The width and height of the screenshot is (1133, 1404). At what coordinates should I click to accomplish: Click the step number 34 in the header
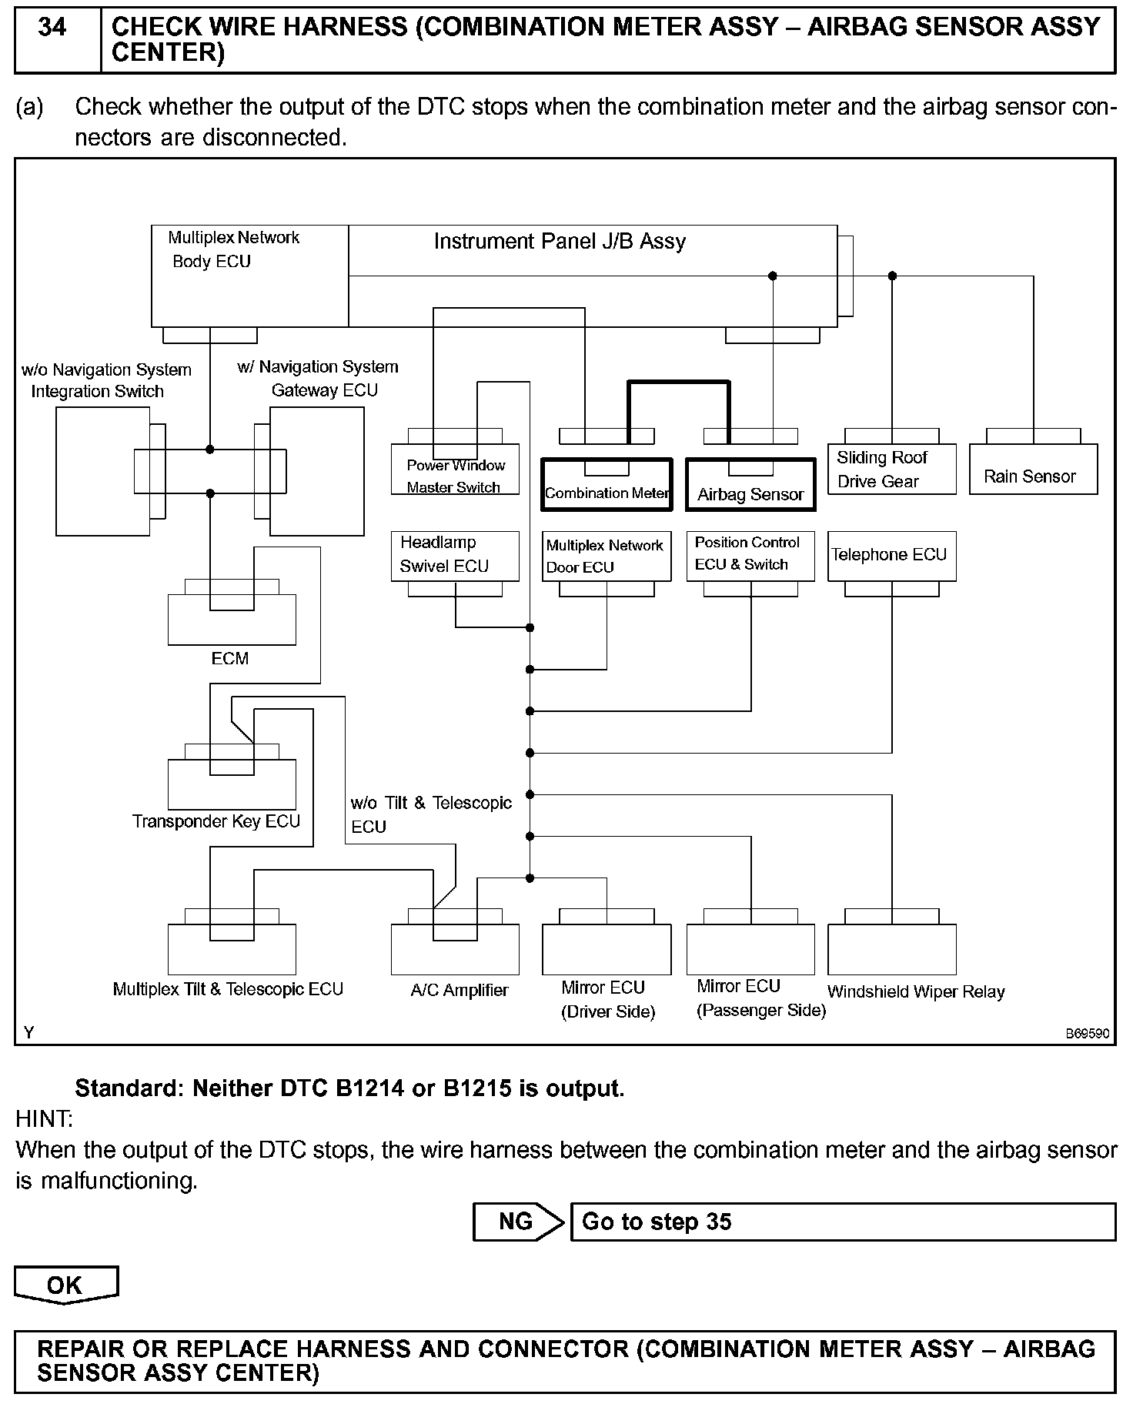(x=52, y=28)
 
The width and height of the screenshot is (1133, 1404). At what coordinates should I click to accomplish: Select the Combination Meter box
(x=607, y=485)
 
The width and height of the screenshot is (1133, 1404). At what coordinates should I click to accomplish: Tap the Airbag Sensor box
(x=750, y=486)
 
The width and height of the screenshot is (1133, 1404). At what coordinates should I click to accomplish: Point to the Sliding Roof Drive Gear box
(x=891, y=470)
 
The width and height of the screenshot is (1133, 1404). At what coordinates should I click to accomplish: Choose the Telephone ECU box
(x=891, y=555)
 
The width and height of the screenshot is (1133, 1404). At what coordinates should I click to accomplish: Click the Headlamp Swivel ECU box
(x=455, y=555)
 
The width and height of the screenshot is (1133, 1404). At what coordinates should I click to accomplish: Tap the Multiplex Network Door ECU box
(x=607, y=555)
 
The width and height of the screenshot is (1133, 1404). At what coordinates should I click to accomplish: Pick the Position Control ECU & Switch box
(x=750, y=555)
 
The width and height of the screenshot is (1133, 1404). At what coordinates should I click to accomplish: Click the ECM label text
(x=230, y=659)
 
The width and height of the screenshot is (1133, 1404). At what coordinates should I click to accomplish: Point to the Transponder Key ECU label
(x=216, y=821)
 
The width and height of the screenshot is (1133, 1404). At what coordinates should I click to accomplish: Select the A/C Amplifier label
(x=460, y=991)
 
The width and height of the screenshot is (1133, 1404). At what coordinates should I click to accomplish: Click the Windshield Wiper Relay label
(x=916, y=992)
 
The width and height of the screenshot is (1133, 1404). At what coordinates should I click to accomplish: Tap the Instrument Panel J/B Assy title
(x=560, y=242)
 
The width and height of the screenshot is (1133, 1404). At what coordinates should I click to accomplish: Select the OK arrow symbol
(x=66, y=1285)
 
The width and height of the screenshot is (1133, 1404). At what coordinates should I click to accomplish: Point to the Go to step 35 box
(x=843, y=1222)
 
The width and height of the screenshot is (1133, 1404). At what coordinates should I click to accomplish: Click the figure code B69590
(x=1087, y=1034)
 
